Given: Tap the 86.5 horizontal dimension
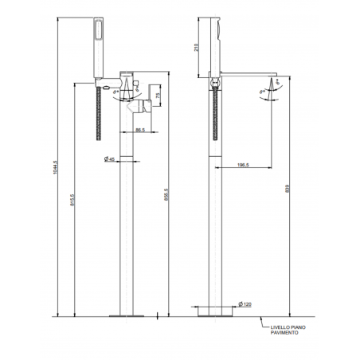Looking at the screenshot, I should click(x=138, y=128).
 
